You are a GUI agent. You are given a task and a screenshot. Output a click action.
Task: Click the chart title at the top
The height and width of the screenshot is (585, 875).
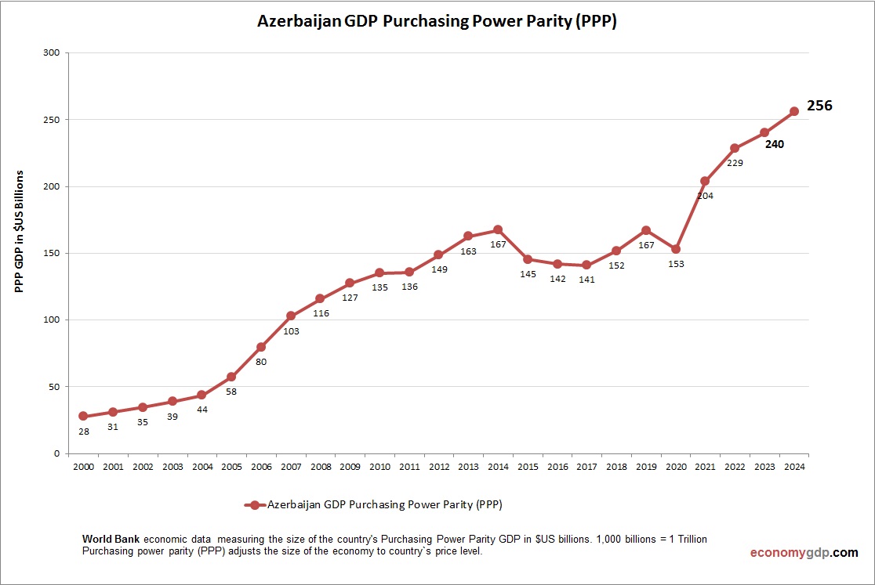pos(437,22)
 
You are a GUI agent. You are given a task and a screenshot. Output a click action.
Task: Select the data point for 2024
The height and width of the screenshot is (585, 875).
pos(793,111)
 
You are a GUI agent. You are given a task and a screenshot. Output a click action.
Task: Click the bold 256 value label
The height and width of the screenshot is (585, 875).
pos(819,106)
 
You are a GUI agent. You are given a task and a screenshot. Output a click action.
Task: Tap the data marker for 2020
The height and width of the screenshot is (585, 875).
pos(675,249)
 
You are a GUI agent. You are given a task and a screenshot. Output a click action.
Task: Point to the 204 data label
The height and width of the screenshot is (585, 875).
pos(705,196)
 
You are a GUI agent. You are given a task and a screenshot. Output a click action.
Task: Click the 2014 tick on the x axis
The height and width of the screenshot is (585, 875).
pos(497,468)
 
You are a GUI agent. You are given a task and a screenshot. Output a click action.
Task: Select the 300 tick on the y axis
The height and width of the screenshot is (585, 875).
pos(53,53)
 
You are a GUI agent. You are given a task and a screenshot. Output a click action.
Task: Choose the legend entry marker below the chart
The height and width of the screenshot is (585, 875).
pos(254,505)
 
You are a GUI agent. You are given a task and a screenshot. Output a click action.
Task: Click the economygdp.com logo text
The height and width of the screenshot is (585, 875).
pos(804,552)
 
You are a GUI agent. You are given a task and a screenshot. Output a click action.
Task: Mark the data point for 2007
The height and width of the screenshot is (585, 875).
pos(290,316)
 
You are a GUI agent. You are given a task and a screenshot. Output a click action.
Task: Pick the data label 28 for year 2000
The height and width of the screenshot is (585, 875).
pos(83,431)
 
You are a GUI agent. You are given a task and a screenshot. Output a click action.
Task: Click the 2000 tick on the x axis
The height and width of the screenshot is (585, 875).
pos(83,468)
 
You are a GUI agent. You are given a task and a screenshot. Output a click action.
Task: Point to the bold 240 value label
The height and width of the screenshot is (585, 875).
pos(775,144)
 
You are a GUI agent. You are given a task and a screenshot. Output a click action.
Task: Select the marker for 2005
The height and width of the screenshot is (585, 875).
pos(231,377)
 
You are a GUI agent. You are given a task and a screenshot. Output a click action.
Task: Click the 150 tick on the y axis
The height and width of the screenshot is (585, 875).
pos(53,253)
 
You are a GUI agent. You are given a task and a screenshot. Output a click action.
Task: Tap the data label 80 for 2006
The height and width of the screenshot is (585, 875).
pos(261,362)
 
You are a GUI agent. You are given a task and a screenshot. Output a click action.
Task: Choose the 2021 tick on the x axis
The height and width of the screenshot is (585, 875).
pos(705,468)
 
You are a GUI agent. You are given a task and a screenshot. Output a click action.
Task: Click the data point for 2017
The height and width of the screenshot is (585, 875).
pos(586,265)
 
